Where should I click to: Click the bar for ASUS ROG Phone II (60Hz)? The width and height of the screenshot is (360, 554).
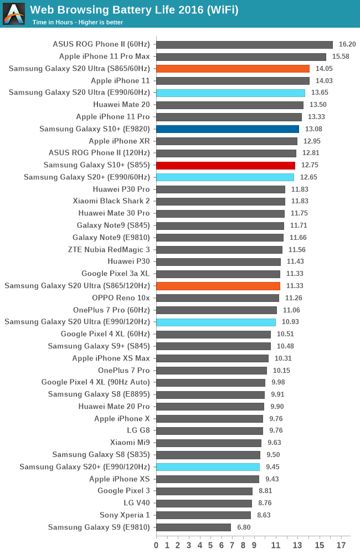[244, 44]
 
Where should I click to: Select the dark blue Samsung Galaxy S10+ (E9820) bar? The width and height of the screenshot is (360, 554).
[228, 129]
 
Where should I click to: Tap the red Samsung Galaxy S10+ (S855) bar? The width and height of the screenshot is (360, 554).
[225, 165]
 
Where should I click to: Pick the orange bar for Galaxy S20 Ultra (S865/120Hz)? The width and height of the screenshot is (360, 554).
[218, 286]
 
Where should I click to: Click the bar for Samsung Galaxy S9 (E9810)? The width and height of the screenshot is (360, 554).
[193, 527]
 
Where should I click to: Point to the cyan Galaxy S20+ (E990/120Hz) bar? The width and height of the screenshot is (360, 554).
[208, 467]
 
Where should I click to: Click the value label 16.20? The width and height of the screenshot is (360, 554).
[347, 44]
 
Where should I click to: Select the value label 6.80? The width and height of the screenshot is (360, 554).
[244, 527]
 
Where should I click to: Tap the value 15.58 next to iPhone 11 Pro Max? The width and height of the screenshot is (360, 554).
[341, 57]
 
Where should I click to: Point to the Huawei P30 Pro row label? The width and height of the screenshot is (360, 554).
[121, 189]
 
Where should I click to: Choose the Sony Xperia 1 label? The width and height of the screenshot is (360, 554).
[125, 515]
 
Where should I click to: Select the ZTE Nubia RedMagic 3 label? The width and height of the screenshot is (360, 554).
[109, 250]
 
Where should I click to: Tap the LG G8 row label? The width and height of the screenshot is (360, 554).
[138, 430]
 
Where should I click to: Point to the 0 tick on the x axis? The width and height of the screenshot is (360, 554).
[156, 546]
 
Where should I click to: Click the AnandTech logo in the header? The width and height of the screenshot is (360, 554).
[14, 14]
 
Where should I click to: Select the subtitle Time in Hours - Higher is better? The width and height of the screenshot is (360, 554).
[78, 22]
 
